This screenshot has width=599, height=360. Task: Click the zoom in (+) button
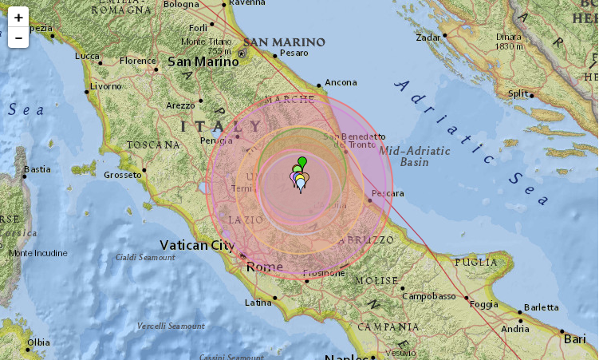[18, 17]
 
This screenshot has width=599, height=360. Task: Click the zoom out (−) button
[18, 38]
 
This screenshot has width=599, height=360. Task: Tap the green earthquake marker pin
[302, 163]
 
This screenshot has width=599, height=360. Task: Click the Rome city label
[265, 267]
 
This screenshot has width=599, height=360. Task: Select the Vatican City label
[197, 245]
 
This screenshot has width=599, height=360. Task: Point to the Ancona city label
[341, 81]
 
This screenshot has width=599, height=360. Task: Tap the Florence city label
[138, 61]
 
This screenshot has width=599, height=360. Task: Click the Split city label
[518, 93]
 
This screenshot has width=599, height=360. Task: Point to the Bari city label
[574, 339]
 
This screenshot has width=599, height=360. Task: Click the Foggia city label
[484, 303]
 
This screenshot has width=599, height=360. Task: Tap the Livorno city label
[105, 85]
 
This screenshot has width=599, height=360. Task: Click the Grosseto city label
[122, 174]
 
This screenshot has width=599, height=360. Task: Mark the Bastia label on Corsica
[37, 169]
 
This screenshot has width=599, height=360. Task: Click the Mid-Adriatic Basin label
[414, 156]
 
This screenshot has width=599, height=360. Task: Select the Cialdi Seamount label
[145, 257]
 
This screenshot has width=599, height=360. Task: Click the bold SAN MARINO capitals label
[285, 42]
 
